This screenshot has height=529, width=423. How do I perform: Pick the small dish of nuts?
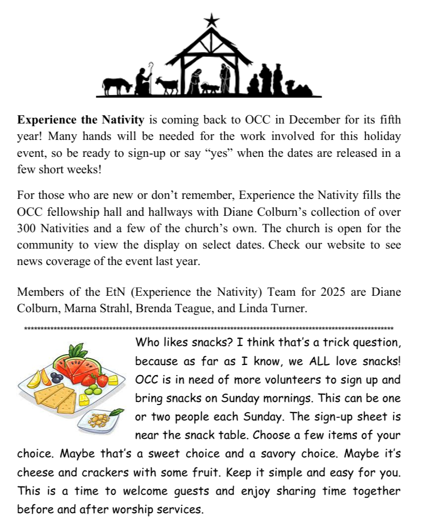(100, 418)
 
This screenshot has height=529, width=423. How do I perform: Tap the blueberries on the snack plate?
(56, 377)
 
